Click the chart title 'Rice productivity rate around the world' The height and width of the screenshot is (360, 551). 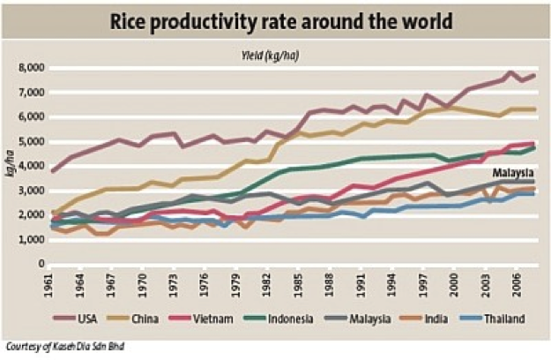coord(275,19)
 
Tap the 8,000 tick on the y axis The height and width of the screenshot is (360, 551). coord(33,68)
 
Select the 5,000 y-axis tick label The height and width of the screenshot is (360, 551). coord(33,141)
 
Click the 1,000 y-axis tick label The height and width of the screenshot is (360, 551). coord(33,240)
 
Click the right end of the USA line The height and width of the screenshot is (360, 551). coord(534,76)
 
